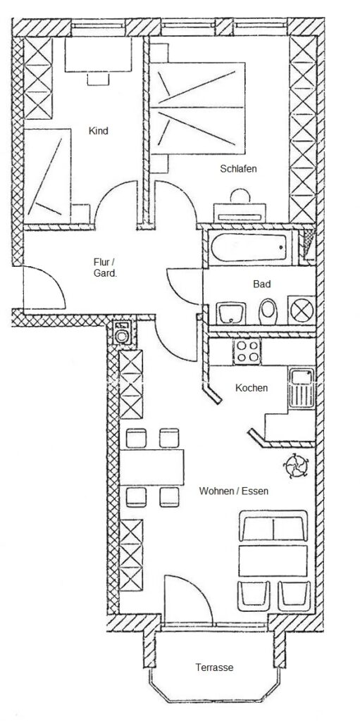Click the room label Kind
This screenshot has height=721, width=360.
point(99,131)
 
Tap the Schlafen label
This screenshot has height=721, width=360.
point(238,169)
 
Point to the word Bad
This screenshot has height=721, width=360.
point(261,284)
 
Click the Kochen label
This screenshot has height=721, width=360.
point(252,388)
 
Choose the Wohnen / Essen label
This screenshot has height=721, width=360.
point(233,491)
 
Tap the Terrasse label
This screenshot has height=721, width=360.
point(214,667)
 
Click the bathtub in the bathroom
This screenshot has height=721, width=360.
point(251,247)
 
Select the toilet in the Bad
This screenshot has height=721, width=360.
point(268,311)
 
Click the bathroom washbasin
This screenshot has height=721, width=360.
point(230,313)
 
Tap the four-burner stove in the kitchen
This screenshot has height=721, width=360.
point(247,352)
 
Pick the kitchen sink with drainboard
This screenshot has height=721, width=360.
point(302,388)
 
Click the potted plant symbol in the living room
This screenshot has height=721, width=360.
point(295,466)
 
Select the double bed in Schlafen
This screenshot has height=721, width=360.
point(198,108)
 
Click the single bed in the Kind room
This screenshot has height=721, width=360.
point(47,176)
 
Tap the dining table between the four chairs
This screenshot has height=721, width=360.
point(151,468)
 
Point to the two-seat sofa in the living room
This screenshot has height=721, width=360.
point(273,525)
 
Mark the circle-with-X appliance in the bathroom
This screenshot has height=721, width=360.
point(302,311)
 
